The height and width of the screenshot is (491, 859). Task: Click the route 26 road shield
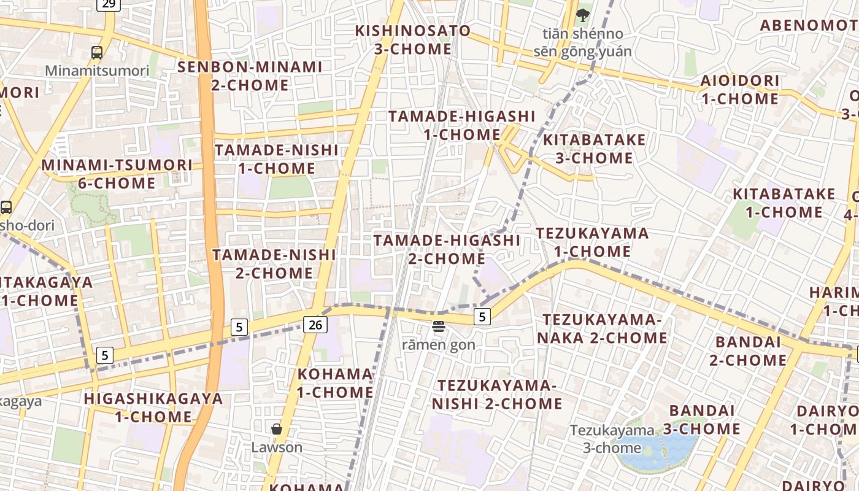coord(315,324)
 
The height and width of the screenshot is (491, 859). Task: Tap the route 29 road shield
coord(109,4)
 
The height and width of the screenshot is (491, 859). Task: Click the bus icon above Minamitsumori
coord(97,53)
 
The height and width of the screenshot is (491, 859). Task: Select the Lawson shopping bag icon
coord(277,429)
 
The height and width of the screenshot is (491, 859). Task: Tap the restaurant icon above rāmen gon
coord(438,327)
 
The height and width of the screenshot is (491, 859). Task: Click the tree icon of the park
coord(582,15)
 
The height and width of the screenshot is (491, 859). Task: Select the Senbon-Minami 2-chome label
coord(250,76)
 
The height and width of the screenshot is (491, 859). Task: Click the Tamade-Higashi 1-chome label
coord(462,125)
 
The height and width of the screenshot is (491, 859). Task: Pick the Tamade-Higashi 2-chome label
coord(447,249)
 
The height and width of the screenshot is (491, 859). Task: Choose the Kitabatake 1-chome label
coord(784,203)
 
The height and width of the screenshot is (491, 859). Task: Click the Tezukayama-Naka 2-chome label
coord(602,328)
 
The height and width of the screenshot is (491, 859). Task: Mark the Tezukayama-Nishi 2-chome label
coord(497,394)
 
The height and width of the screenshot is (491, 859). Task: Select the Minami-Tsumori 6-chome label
coord(117,174)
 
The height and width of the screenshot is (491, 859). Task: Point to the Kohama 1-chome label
coord(335,383)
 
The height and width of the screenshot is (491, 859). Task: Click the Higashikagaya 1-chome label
coord(153,408)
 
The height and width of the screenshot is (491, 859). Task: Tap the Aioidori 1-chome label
coord(740,90)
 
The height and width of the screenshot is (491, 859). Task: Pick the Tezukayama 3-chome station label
coord(612,439)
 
